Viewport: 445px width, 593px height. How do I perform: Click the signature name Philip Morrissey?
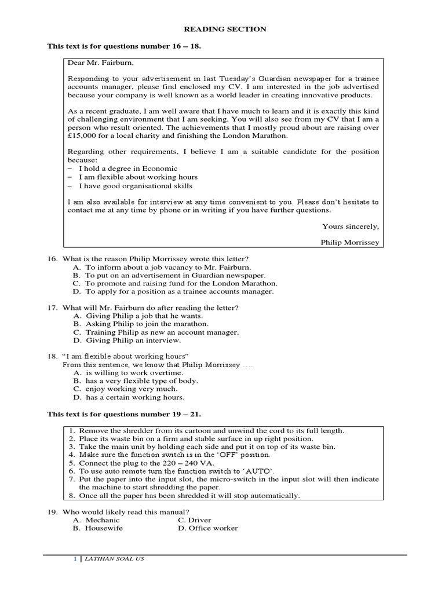[x=350, y=242]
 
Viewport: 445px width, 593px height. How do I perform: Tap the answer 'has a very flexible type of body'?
[x=141, y=381]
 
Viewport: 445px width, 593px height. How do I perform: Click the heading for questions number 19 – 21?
[x=124, y=414]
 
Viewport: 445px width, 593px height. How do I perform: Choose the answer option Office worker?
[x=214, y=528]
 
